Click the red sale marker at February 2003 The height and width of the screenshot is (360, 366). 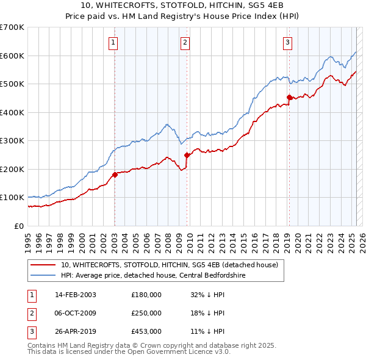tap(115, 175)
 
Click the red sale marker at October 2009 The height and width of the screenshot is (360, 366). tap(187, 155)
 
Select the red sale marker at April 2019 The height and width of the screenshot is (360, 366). tap(289, 97)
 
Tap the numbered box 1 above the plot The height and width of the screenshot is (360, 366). tap(113, 42)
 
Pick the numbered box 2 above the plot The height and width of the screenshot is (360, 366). tap(185, 42)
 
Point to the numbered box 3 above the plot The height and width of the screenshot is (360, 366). tap(287, 42)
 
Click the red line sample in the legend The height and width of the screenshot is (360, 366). tap(42, 265)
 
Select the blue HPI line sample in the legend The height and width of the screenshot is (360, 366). tap(42, 275)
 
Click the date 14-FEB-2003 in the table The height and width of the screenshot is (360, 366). tap(76, 295)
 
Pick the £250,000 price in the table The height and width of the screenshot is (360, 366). tap(146, 313)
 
